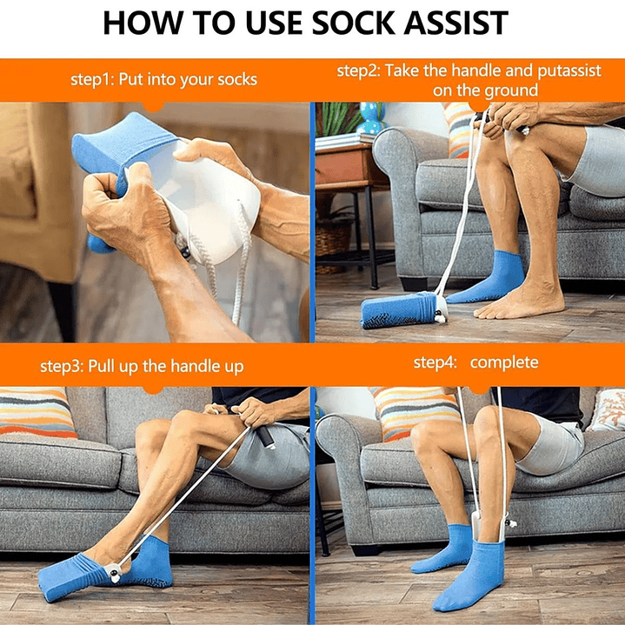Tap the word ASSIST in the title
coord(456,23)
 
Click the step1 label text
coord(92,80)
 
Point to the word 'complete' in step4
coord(504,362)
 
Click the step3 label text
coord(62,367)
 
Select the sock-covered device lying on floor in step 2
coord(403,309)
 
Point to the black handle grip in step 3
coord(265,437)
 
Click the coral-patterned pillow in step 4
coord(607,409)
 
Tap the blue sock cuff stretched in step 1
coord(123,148)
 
